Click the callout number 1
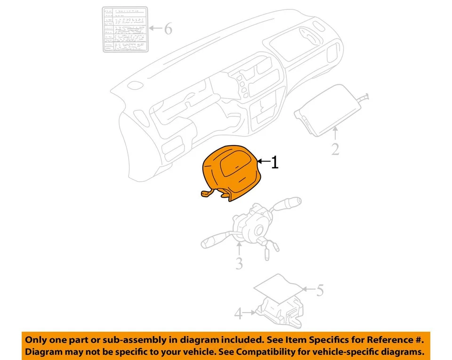[x=274, y=163]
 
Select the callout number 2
[x=335, y=149]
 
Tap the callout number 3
[x=239, y=264]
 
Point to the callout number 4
[x=239, y=313]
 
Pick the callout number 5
[x=320, y=290]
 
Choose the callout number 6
[x=167, y=29]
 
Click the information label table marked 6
[x=125, y=29]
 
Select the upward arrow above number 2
[x=335, y=134]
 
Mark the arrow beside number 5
[x=307, y=289]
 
